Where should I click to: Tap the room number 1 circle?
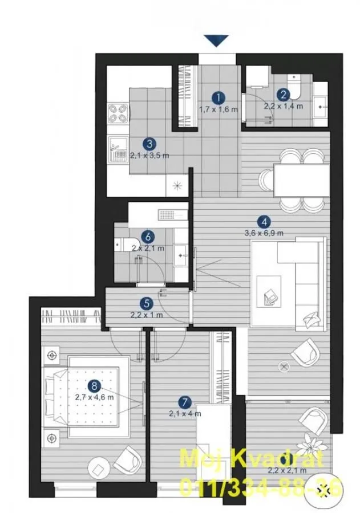pos(217,98)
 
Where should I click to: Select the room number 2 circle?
pos(283,95)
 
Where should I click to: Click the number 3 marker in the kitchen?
pos(149,144)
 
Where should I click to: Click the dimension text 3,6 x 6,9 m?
pos(264,233)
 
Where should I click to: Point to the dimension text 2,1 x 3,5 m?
pos(149,155)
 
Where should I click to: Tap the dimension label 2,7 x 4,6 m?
pos(95,397)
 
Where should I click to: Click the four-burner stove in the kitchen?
pos(118,112)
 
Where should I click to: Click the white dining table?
pos(300,180)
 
